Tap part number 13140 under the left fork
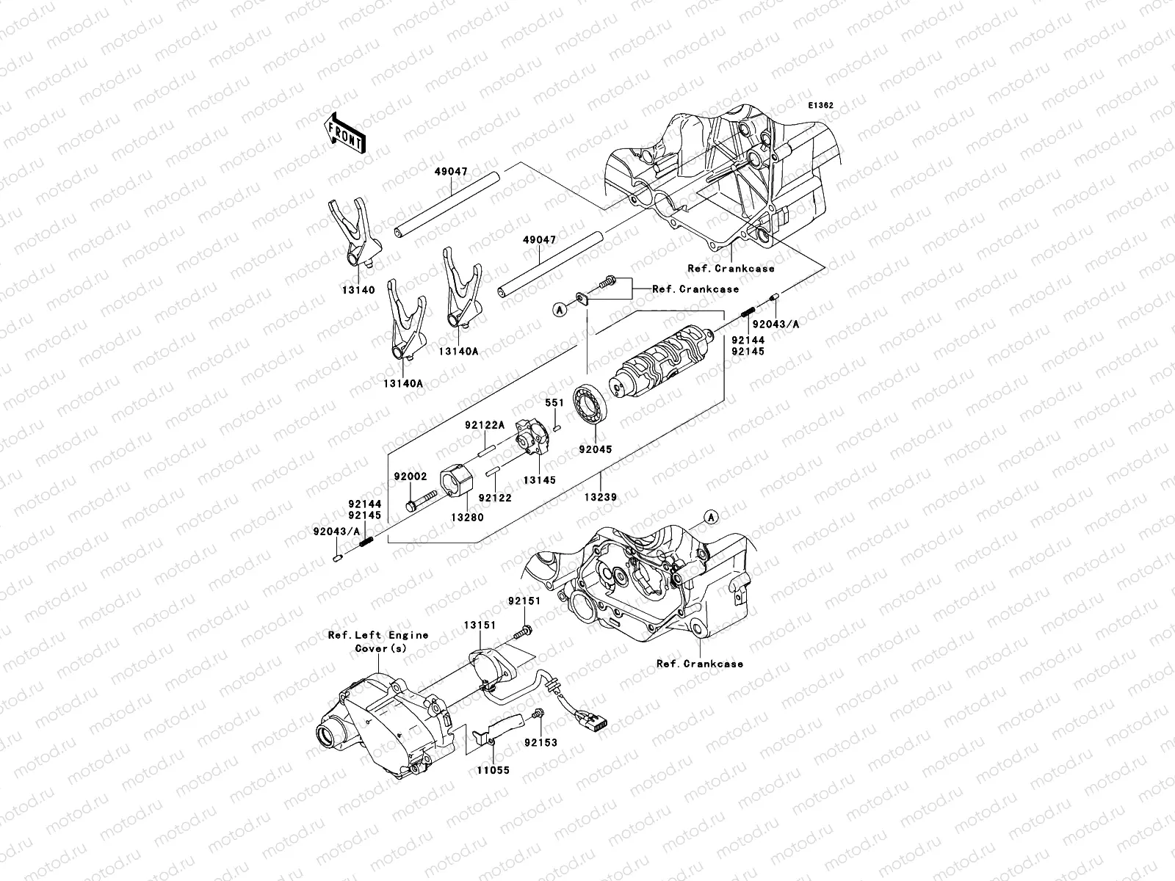click(357, 290)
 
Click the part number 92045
click(594, 448)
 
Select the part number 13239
click(600, 497)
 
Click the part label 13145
click(539, 480)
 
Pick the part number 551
click(554, 404)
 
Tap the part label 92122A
click(485, 425)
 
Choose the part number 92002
click(411, 476)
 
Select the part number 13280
click(467, 517)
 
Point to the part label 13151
click(480, 625)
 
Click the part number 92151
click(524, 601)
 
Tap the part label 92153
click(541, 742)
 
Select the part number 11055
click(492, 770)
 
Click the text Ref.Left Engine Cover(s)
click(378, 641)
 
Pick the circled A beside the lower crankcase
click(710, 518)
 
